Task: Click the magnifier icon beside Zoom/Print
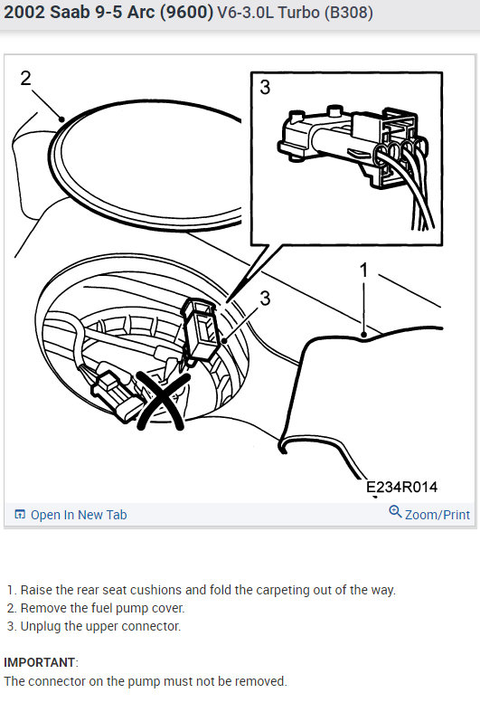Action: pyautogui.click(x=395, y=512)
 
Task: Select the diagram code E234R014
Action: pyautogui.click(x=401, y=487)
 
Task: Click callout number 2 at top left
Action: pyautogui.click(x=26, y=78)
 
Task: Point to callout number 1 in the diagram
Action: pyautogui.click(x=363, y=270)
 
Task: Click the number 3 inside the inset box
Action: pyautogui.click(x=265, y=87)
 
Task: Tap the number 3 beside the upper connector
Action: pyautogui.click(x=265, y=299)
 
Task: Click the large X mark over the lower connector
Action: pyautogui.click(x=162, y=401)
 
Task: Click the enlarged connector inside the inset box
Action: pyautogui.click(x=352, y=150)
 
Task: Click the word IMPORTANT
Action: pyautogui.click(x=39, y=662)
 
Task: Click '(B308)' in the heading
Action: pyautogui.click(x=348, y=13)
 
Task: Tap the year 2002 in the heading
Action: pyautogui.click(x=24, y=13)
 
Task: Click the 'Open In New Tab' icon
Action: pyautogui.click(x=20, y=515)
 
